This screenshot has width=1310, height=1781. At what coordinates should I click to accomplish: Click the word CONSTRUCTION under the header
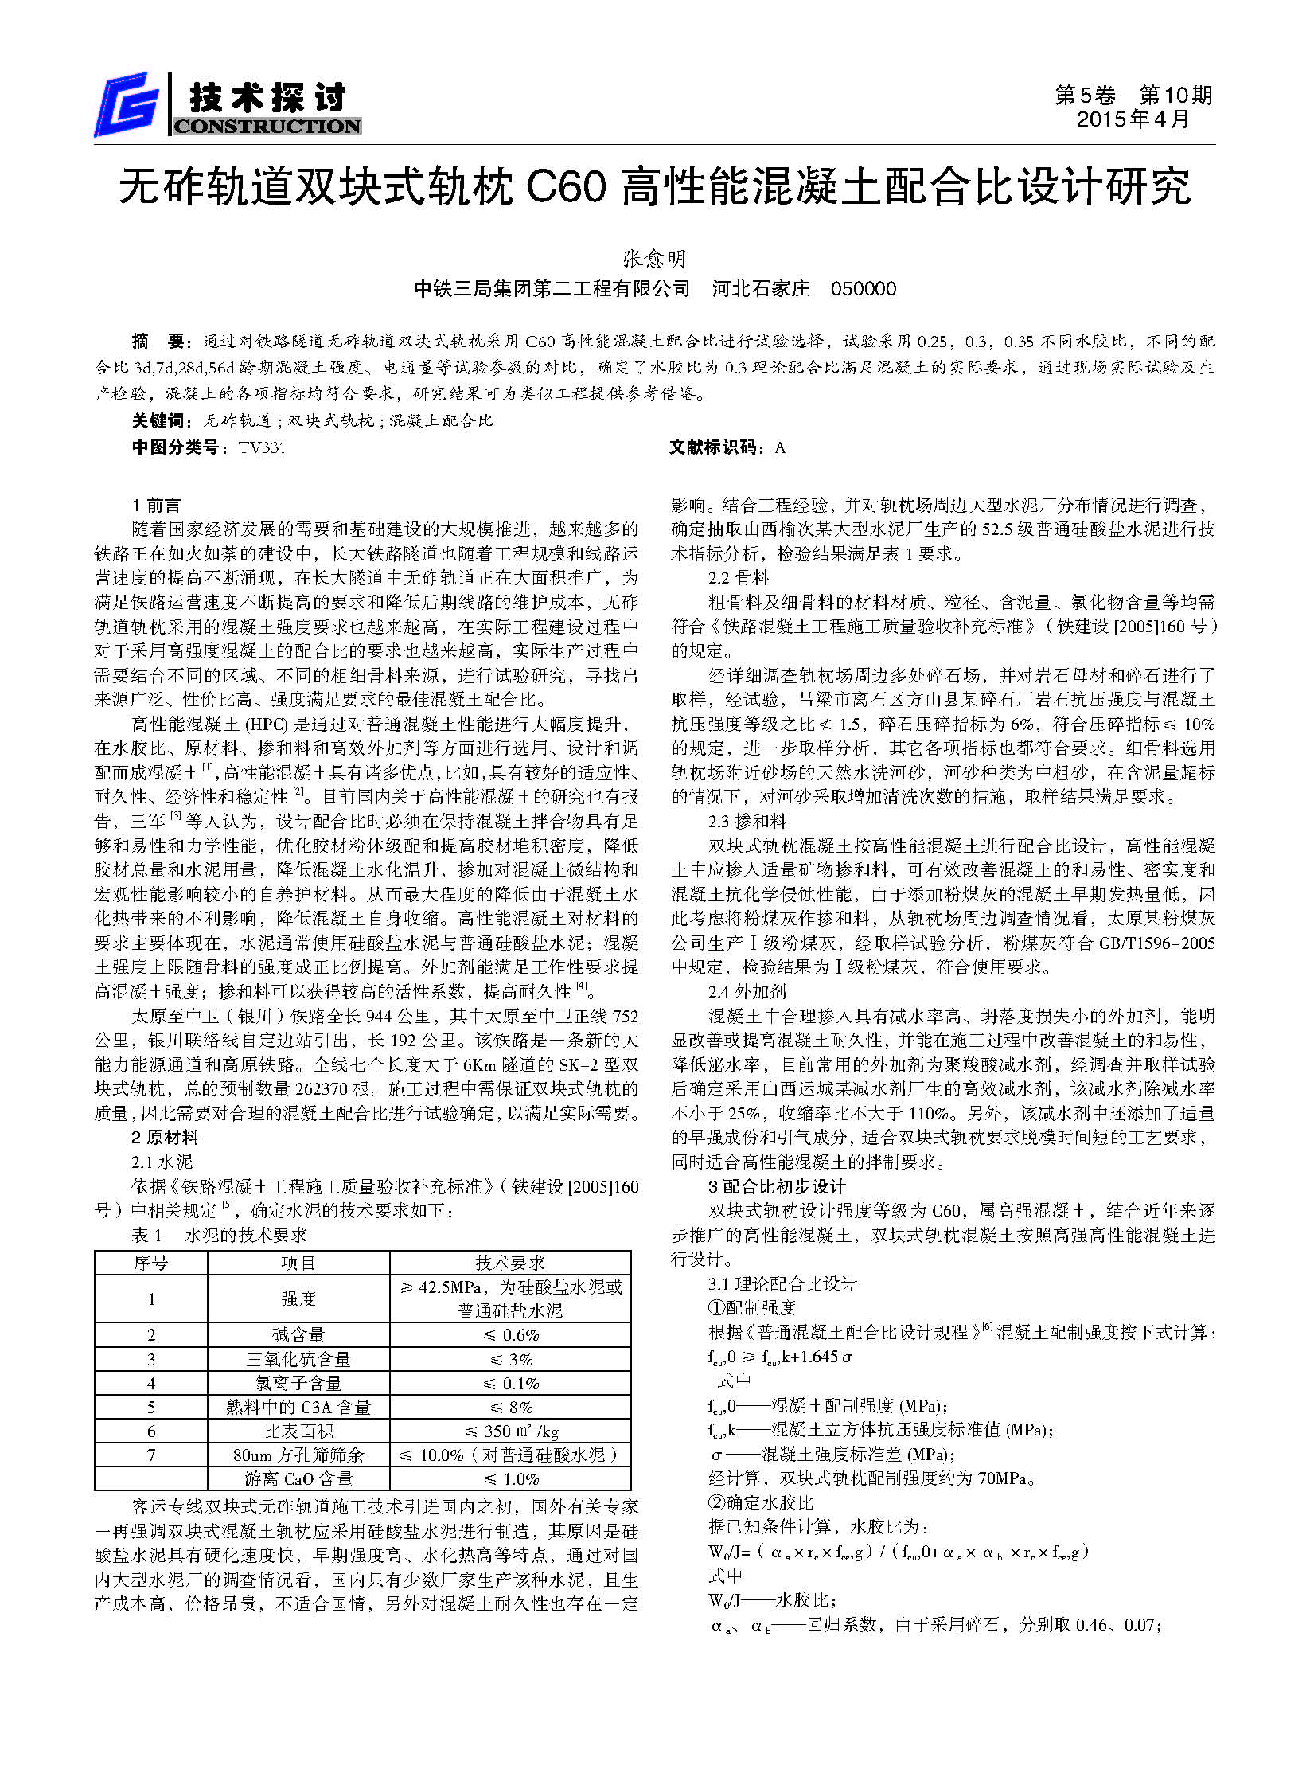pyautogui.click(x=267, y=127)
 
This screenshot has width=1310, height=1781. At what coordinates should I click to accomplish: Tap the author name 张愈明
pyautogui.click(x=654, y=259)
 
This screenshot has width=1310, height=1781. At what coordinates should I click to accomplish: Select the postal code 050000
pyautogui.click(x=864, y=289)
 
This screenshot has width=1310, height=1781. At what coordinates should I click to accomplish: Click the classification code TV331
pyautogui.click(x=262, y=447)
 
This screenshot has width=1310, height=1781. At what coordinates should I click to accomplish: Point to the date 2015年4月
pyautogui.click(x=1133, y=119)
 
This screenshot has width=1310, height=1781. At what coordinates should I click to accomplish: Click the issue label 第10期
pyautogui.click(x=1176, y=96)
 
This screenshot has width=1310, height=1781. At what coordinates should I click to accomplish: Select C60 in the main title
pyautogui.click(x=566, y=188)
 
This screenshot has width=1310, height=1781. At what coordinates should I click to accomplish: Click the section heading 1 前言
pyautogui.click(x=157, y=505)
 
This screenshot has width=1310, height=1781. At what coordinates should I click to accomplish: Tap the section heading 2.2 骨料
pyautogui.click(x=739, y=578)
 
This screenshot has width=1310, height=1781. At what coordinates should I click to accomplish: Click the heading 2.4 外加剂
pyautogui.click(x=747, y=991)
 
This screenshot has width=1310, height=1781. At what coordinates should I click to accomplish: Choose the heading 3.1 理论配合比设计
pyautogui.click(x=782, y=1283)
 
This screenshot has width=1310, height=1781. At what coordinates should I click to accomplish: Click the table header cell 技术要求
pyautogui.click(x=510, y=1263)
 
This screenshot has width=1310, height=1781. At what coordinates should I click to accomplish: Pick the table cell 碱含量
pyautogui.click(x=298, y=1335)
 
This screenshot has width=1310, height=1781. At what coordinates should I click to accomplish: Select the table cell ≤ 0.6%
pyautogui.click(x=511, y=1335)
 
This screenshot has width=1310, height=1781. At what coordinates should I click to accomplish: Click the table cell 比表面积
pyautogui.click(x=298, y=1431)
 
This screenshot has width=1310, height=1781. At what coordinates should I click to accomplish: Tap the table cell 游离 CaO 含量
pyautogui.click(x=298, y=1478)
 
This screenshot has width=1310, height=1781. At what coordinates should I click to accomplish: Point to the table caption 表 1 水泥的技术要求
pyautogui.click(x=220, y=1236)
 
